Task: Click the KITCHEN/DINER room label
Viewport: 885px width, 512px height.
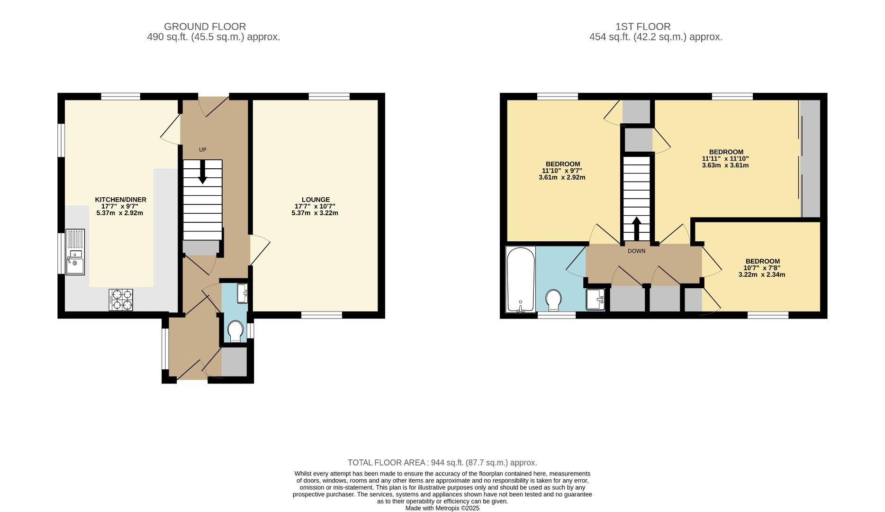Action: pos(120,200)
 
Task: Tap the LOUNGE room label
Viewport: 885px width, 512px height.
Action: pos(316,200)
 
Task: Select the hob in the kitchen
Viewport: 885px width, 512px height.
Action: pos(121,300)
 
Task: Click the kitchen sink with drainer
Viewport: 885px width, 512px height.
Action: pos(75,252)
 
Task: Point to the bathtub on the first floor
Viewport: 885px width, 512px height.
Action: pos(521,280)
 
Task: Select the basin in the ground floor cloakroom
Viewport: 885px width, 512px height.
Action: pos(243,293)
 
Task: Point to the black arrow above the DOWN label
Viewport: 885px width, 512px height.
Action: pos(636,229)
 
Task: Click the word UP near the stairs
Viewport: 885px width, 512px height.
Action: pos(202,150)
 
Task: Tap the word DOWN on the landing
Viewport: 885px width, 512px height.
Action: pos(636,251)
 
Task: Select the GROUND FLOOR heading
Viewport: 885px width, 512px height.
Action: pos(205,27)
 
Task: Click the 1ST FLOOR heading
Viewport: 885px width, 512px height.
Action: pos(643,27)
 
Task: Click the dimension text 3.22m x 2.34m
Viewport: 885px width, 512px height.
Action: pos(762,274)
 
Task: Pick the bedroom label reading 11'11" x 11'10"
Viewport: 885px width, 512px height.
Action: pos(725,159)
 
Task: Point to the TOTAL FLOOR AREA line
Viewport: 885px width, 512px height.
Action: pos(442,463)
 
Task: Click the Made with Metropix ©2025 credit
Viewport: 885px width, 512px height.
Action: pos(442,508)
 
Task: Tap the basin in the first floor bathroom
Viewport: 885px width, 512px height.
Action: pos(595,299)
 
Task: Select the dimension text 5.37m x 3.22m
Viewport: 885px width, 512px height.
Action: pos(315,213)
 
